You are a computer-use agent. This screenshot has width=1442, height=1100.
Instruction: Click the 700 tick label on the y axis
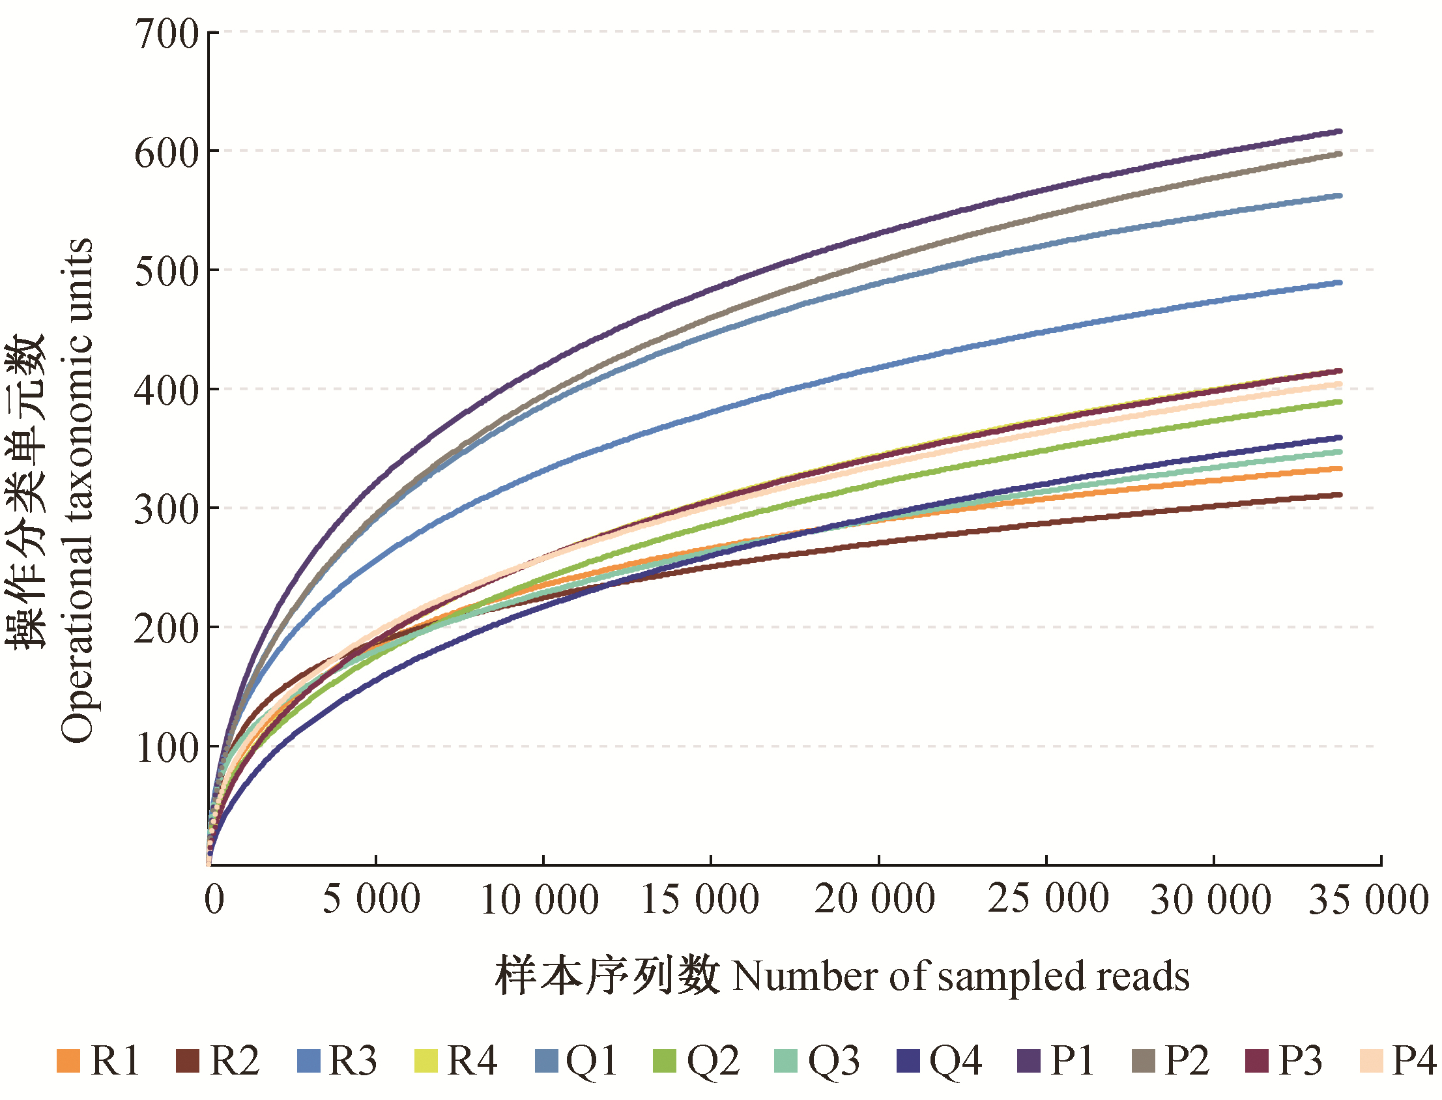pyautogui.click(x=167, y=34)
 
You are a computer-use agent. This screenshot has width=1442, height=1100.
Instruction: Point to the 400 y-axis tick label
pyautogui.click(x=167, y=391)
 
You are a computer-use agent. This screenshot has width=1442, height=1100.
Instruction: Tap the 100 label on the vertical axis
pyautogui.click(x=167, y=747)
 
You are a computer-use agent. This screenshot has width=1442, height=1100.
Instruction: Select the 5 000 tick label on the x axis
pyautogui.click(x=371, y=899)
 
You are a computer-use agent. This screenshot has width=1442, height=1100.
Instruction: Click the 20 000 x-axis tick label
pyautogui.click(x=874, y=899)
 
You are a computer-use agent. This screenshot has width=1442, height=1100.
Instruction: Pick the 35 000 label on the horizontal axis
pyautogui.click(x=1368, y=899)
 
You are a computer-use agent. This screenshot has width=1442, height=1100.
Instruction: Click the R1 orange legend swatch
pyautogui.click(x=68, y=1062)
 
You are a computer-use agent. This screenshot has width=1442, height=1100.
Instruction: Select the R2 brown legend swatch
pyautogui.click(x=188, y=1062)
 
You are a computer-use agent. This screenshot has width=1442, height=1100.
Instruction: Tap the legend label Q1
pyautogui.click(x=591, y=1062)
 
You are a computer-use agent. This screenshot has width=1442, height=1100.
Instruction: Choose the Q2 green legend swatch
pyautogui.click(x=665, y=1062)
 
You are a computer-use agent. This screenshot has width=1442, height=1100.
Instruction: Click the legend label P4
pyautogui.click(x=1413, y=1062)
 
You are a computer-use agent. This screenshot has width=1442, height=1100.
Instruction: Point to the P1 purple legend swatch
pyautogui.click(x=1028, y=1062)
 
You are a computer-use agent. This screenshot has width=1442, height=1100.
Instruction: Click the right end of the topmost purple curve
pyautogui.click(x=1340, y=132)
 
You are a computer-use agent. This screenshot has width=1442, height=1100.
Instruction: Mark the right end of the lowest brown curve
pyautogui.click(x=1340, y=495)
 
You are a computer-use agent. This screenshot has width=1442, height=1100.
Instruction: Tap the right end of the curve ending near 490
pyautogui.click(x=1340, y=283)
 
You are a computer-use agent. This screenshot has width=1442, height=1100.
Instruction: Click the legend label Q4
pyautogui.click(x=955, y=1062)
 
